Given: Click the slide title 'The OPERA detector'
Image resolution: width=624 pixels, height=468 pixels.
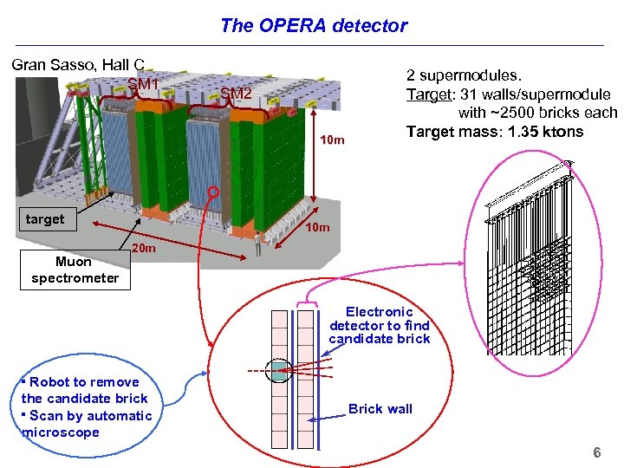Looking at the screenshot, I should tap(313, 25).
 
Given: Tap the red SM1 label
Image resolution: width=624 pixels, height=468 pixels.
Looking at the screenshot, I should tap(143, 84).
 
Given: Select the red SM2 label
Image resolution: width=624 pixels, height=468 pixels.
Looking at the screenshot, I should tap(235, 93).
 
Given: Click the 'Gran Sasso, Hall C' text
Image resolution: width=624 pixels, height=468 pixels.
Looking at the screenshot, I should tap(77, 65).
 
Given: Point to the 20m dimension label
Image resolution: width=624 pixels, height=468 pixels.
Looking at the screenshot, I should tap(144, 250).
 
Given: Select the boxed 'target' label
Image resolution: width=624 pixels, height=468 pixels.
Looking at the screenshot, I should tap(45, 219).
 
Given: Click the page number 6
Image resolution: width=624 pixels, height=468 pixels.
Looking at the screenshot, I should tap(596, 452).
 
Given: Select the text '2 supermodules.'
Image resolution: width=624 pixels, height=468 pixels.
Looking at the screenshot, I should tap(465, 76).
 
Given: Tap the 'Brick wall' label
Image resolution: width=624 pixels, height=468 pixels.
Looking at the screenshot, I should tap(380, 409).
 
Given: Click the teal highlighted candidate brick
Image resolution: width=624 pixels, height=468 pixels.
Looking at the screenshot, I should tap(278, 371).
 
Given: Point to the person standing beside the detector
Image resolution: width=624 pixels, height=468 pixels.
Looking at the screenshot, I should tap(257, 249).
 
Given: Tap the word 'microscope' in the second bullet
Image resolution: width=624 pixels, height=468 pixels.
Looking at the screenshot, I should tap(61, 432).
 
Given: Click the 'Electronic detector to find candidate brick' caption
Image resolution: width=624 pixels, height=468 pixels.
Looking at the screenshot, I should tap(379, 325).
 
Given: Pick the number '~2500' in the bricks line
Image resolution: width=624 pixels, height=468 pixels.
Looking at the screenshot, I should tap(516, 113).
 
